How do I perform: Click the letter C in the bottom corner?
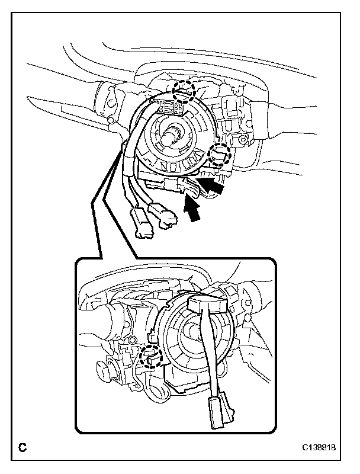coord(22,449)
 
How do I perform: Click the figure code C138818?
coord(319,449)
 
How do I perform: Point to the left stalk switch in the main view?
coord(112,100)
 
